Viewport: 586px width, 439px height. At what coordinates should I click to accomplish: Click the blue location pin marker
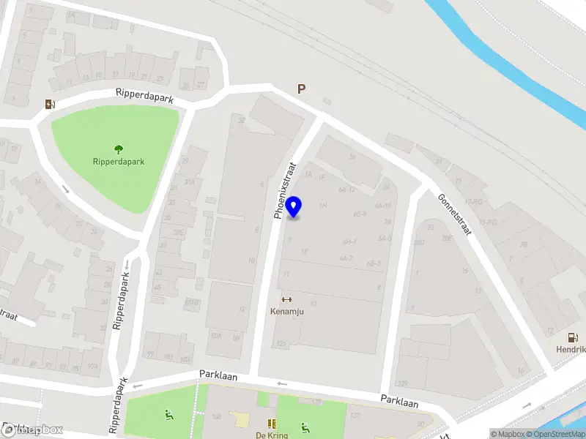[294, 207]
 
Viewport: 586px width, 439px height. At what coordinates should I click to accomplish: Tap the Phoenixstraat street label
[285, 191]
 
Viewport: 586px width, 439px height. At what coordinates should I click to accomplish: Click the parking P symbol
[301, 89]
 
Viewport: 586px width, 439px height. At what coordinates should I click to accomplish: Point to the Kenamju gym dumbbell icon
[286, 299]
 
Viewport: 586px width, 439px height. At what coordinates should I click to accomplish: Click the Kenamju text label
[286, 312]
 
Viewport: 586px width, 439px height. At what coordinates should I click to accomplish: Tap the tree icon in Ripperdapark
[119, 149]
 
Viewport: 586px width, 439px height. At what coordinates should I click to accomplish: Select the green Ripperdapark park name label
[119, 162]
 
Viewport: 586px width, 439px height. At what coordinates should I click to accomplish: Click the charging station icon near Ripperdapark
[49, 104]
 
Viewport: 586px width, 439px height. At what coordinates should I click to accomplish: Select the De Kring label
[270, 435]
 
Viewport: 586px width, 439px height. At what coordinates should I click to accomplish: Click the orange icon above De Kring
[271, 423]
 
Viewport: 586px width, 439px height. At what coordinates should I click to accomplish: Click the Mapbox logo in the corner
[33, 430]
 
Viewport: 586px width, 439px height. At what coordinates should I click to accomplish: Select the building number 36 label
[352, 156]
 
